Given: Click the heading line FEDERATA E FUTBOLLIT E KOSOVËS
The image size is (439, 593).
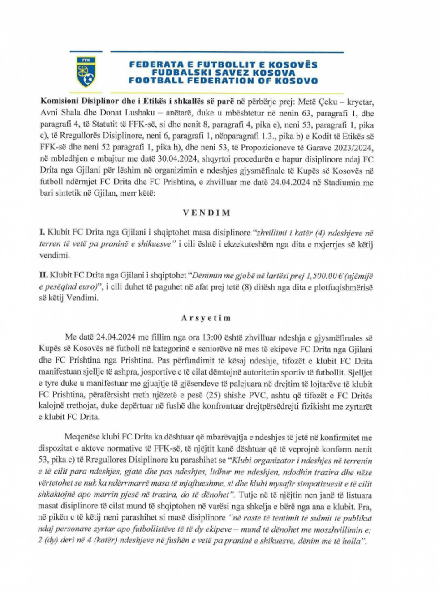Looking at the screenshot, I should click(x=223, y=64).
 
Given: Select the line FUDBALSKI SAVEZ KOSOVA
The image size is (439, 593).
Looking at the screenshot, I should click(x=223, y=73).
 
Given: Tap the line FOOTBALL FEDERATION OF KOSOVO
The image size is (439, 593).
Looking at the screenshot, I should click(x=223, y=81).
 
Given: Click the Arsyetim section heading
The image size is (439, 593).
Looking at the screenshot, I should click(x=206, y=318).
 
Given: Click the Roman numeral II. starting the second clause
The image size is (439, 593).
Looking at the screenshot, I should click(x=43, y=276).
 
